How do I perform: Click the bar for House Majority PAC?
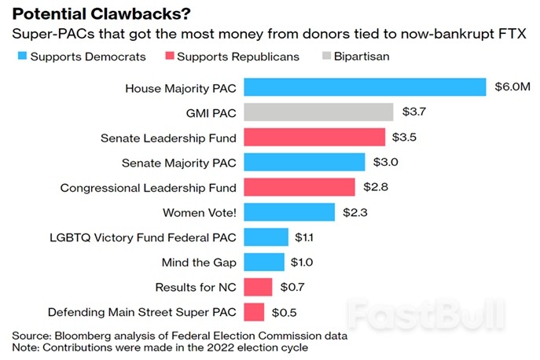366,87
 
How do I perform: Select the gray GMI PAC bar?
318,112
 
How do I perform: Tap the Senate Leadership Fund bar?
314,138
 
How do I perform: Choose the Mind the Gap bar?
264,262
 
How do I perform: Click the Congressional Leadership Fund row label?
149,187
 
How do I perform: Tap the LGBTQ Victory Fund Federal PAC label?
141,237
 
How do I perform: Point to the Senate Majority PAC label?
178,163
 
